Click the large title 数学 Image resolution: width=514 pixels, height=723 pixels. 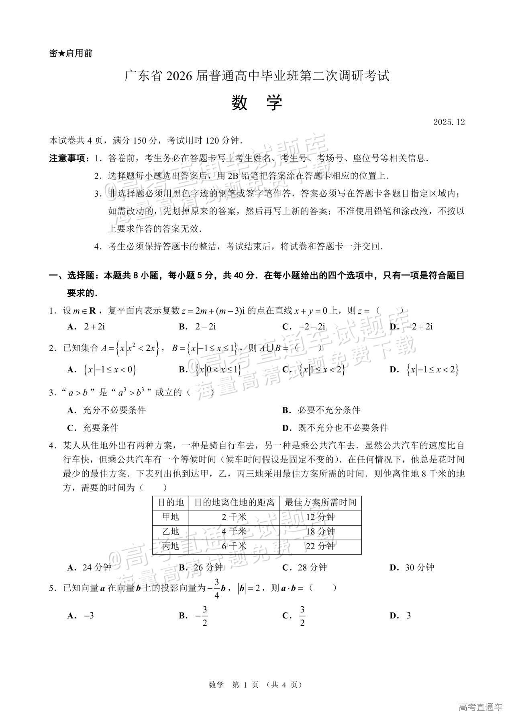click(x=257, y=103)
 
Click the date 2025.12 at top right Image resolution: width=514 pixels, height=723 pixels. click(x=449, y=122)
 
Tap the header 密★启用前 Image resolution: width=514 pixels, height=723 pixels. click(x=71, y=53)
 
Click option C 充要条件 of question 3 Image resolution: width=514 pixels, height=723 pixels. click(x=100, y=427)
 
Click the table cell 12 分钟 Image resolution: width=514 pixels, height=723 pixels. click(x=320, y=517)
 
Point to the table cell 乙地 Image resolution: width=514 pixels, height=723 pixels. click(x=171, y=531)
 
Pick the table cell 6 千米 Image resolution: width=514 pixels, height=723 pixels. click(x=234, y=546)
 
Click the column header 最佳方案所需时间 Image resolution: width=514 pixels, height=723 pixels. click(x=320, y=502)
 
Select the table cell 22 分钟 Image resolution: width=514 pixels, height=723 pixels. click(x=320, y=546)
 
